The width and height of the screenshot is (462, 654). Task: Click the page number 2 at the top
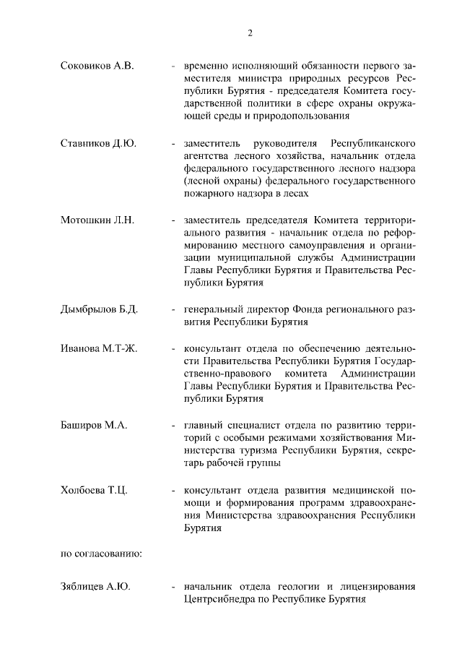(x=250, y=33)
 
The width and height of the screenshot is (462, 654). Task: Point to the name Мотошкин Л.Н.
(x=97, y=220)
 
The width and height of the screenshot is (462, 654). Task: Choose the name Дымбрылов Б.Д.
(x=100, y=310)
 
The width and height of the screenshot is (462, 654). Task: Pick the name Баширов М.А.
(x=94, y=426)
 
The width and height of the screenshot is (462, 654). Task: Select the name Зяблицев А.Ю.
(x=95, y=587)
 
